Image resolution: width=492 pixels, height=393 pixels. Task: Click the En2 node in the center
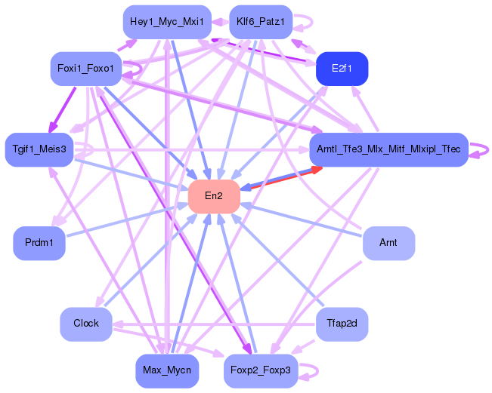click(x=214, y=196)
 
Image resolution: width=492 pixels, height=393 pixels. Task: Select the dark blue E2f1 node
click(x=342, y=69)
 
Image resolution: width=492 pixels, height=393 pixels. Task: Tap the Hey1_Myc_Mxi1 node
click(x=166, y=21)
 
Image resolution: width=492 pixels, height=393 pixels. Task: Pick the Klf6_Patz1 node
click(x=260, y=21)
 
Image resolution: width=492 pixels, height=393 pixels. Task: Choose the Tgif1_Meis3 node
click(x=39, y=149)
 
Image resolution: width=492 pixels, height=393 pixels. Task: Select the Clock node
click(x=86, y=323)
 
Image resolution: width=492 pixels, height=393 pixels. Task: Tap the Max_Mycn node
click(x=166, y=370)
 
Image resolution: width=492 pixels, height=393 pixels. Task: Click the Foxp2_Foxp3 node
click(x=261, y=370)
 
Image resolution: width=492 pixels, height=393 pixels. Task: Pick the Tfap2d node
click(x=342, y=323)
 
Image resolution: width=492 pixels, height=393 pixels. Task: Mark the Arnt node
click(x=388, y=243)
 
